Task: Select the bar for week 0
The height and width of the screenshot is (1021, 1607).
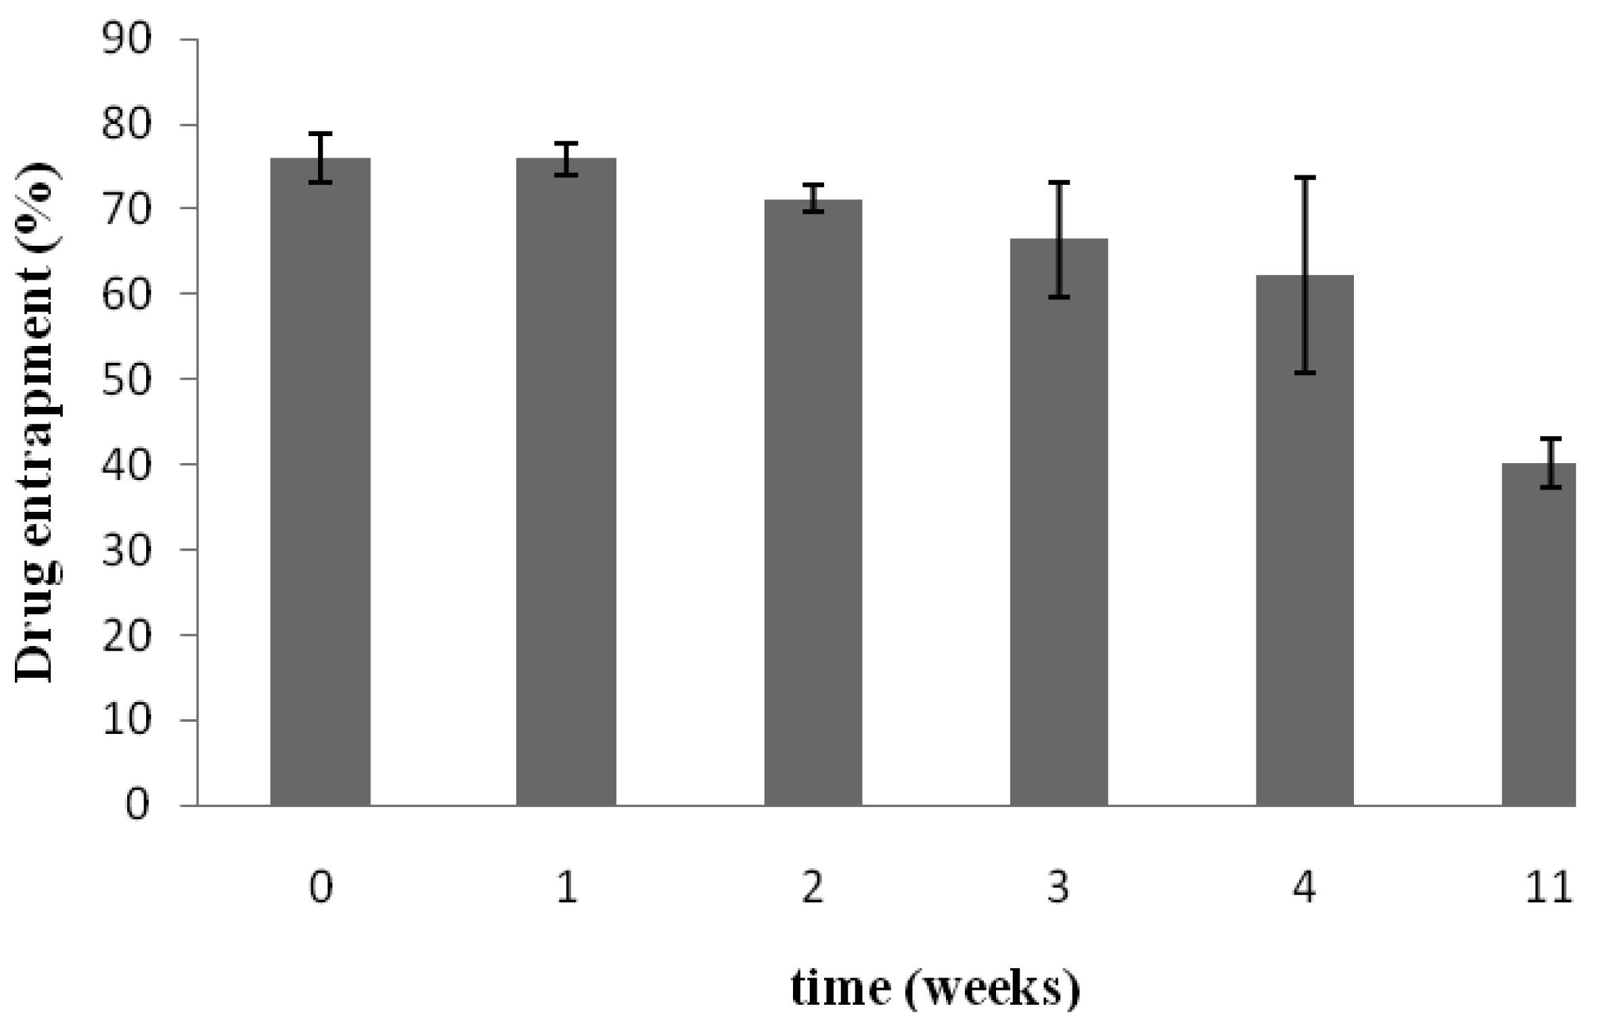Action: tap(320, 481)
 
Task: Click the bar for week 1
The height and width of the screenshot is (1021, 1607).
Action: tap(566, 481)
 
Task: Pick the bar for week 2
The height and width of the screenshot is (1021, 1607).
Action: tap(813, 501)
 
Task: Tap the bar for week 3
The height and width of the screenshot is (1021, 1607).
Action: tap(1059, 521)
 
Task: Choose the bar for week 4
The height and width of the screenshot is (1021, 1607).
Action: tap(1305, 542)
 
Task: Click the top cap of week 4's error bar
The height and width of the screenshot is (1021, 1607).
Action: tap(1305, 177)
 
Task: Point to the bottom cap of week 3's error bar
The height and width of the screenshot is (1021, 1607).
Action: tap(1059, 297)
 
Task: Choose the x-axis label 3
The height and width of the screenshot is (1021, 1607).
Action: tap(1058, 888)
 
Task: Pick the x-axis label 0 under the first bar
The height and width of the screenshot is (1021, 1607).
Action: tap(321, 888)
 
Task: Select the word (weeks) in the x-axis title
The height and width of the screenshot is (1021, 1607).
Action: tap(991, 990)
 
